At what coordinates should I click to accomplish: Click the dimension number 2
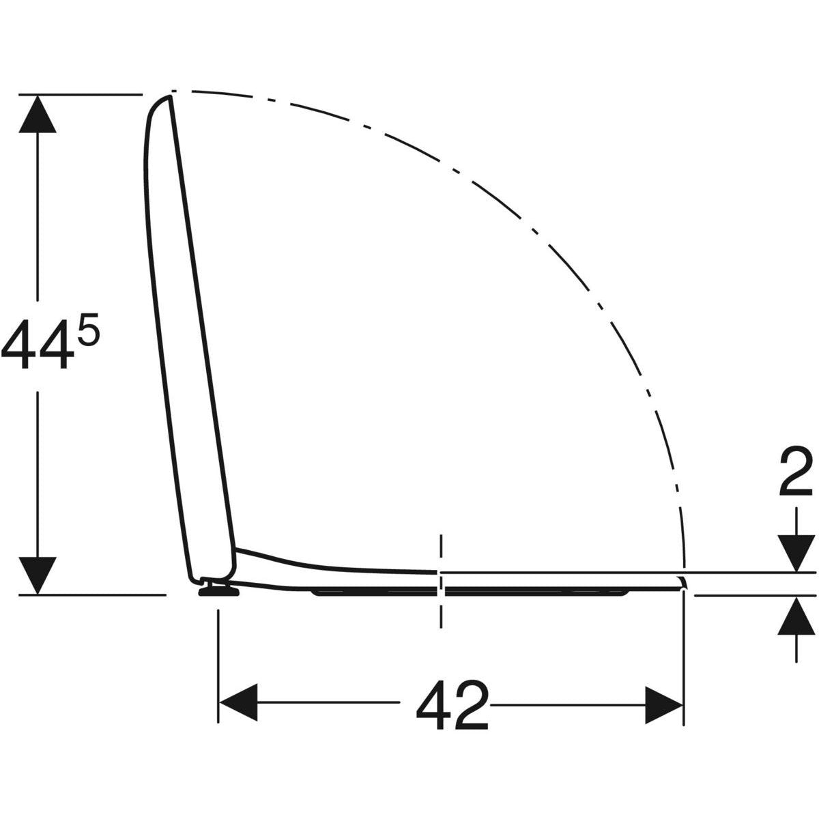tap(795, 472)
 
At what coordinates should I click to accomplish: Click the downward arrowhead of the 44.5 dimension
tap(38, 575)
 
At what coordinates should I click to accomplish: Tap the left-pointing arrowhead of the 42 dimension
tap(238, 702)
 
